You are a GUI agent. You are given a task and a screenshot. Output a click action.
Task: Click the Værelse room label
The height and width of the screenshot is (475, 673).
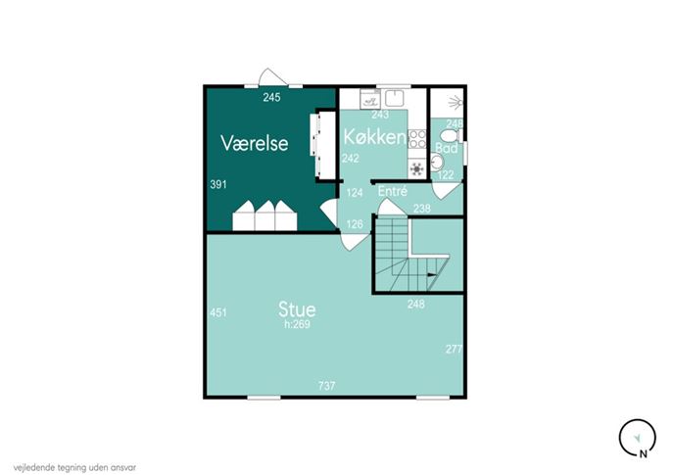[x=254, y=143]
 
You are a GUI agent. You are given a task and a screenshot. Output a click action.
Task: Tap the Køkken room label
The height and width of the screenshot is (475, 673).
[x=374, y=137]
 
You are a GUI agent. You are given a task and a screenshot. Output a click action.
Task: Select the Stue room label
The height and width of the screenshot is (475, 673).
[x=297, y=309]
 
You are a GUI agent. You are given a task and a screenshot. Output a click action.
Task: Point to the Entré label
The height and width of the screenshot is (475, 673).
[x=392, y=191]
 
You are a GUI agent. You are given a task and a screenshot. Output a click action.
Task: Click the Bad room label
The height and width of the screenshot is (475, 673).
[x=447, y=148]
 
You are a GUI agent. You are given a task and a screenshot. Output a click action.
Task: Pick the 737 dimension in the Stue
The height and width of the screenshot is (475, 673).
[x=326, y=386]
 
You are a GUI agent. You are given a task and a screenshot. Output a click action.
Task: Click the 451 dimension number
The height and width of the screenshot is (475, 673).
[x=218, y=312]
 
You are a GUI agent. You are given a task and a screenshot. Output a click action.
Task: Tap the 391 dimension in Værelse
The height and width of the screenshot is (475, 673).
[x=218, y=185]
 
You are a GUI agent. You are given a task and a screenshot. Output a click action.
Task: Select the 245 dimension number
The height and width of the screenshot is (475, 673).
[x=271, y=97]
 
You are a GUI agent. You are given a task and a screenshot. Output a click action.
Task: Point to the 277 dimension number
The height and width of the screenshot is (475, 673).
[x=454, y=349]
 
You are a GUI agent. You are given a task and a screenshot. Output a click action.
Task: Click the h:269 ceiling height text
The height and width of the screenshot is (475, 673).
[x=297, y=324]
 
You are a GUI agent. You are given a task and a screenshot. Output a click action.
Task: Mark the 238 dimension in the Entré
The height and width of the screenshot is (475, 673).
[x=421, y=209]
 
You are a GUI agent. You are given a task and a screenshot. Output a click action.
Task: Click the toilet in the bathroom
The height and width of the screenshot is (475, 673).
[x=451, y=136]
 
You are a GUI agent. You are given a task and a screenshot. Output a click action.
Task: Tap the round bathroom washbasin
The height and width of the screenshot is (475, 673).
[x=437, y=163]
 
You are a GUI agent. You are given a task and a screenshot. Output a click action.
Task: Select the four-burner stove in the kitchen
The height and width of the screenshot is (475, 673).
[x=416, y=139]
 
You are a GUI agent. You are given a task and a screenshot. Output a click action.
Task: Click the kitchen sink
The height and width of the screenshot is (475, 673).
[x=394, y=98]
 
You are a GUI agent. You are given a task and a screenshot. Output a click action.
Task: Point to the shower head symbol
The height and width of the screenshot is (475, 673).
[x=456, y=103]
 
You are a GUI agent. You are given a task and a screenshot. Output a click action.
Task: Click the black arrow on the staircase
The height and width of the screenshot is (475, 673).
[x=431, y=275]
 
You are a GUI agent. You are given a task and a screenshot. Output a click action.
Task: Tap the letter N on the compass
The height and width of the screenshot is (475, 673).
[x=643, y=453]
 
